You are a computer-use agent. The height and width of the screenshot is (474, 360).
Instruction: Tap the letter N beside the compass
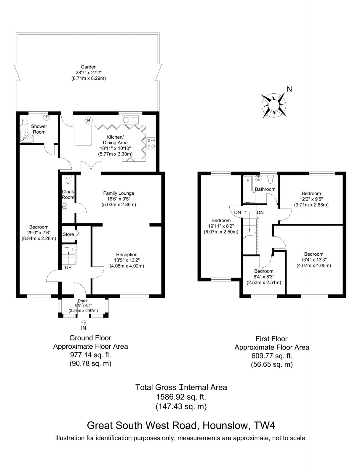click(x=289, y=89)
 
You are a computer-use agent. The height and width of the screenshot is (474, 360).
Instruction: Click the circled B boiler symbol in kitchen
click(x=88, y=121)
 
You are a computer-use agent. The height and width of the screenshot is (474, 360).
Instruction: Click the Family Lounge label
click(x=119, y=193)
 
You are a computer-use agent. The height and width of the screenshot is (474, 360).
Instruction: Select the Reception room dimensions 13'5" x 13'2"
click(x=127, y=260)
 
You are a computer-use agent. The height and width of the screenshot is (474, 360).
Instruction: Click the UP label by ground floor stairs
click(x=68, y=267)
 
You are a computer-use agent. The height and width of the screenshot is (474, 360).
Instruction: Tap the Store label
click(x=68, y=234)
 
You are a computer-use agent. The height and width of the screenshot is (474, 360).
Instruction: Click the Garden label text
click(x=89, y=67)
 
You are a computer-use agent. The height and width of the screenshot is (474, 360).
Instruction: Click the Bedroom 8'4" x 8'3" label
click(x=264, y=271)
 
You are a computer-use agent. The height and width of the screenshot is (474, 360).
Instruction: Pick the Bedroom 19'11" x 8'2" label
click(x=221, y=220)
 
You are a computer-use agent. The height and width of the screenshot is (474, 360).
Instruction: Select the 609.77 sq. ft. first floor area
click(x=272, y=356)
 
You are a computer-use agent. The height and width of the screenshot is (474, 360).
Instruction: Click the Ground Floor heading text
click(x=90, y=338)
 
